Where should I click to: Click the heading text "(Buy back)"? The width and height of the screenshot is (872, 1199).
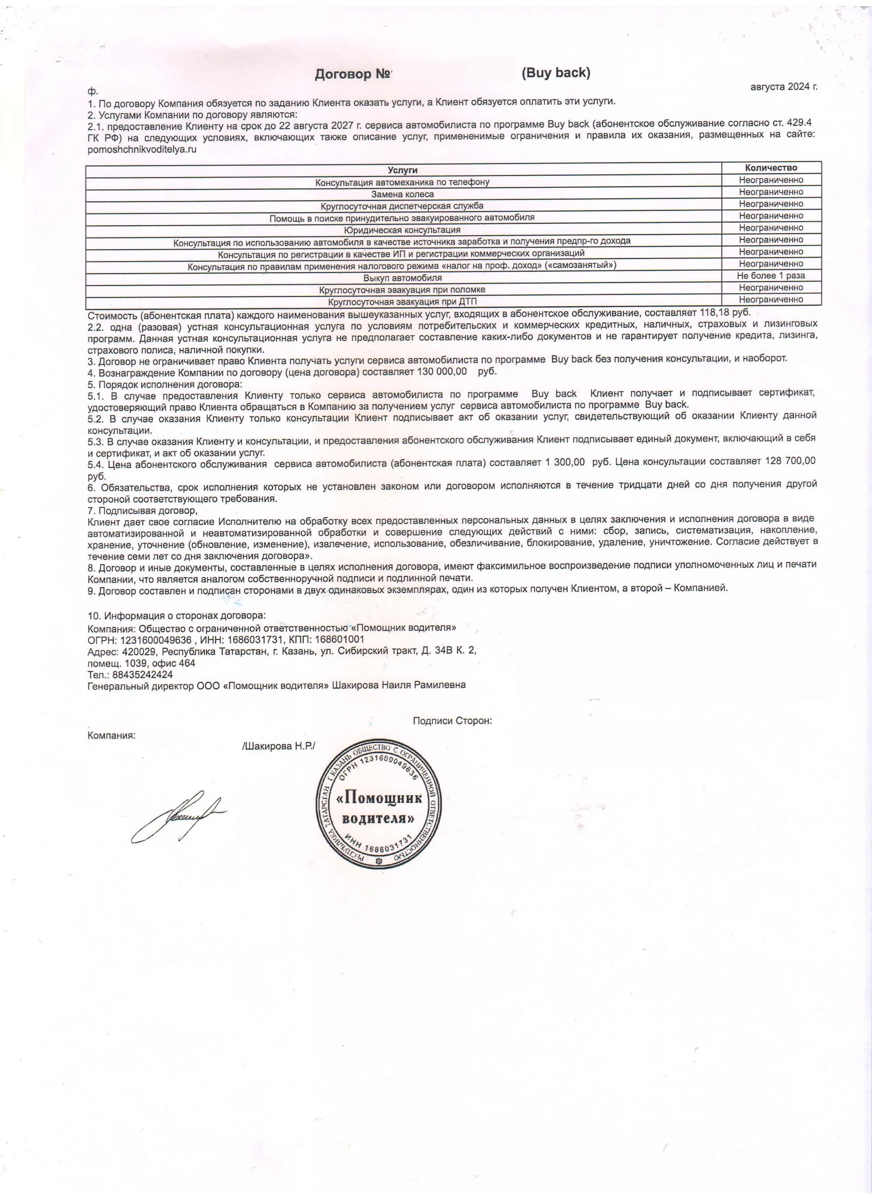click(x=556, y=73)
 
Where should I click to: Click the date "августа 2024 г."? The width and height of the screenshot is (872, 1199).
click(x=784, y=87)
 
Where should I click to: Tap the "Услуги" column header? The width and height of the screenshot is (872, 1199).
click(x=402, y=170)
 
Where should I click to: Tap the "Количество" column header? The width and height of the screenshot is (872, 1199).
click(x=771, y=168)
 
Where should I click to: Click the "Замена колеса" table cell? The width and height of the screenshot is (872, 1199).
click(x=402, y=194)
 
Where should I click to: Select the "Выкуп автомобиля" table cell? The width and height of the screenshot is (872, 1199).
click(x=402, y=278)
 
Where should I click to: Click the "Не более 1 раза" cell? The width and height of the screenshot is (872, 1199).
click(x=771, y=275)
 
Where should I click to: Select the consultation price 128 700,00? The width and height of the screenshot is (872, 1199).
click(x=790, y=461)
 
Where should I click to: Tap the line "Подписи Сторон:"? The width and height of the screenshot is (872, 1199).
click(x=452, y=720)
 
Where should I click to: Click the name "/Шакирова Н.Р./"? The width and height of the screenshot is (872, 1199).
click(x=279, y=746)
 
